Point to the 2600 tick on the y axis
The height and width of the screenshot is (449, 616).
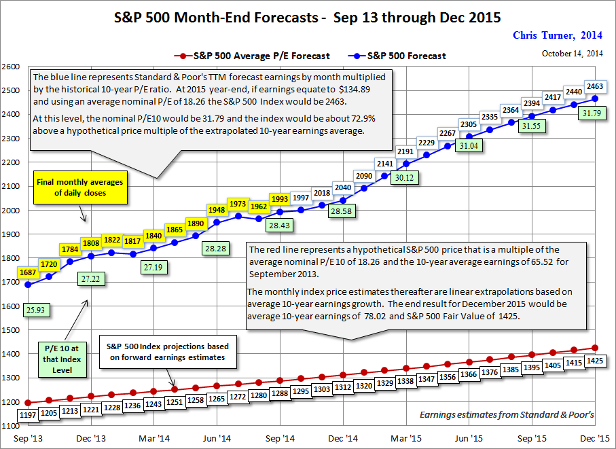(11, 67)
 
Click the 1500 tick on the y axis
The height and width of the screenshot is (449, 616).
(11, 330)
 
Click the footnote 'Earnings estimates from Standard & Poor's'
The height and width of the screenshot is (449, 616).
(507, 414)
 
